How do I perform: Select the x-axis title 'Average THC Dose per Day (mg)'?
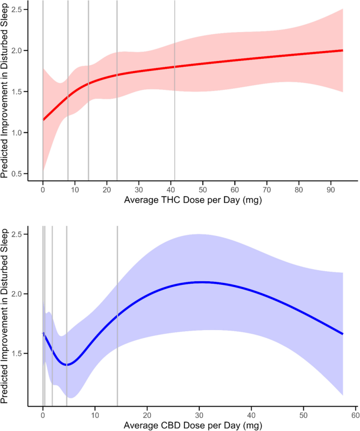pos(192,201)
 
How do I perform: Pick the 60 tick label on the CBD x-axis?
pos(355,414)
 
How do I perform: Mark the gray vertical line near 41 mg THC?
pos(174,89)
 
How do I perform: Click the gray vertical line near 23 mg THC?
pos(117,89)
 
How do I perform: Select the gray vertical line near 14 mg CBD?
pos(117,315)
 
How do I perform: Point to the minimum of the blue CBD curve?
pos(67,365)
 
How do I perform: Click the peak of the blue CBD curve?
pos(201,282)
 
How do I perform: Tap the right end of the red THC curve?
pos(343,50)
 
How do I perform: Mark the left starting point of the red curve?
pos(43,120)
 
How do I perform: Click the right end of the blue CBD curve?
pos(343,334)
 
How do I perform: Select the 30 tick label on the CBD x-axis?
pos(199,414)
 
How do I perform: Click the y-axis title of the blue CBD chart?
pos(6,315)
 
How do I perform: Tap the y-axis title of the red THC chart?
pos(6,89)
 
